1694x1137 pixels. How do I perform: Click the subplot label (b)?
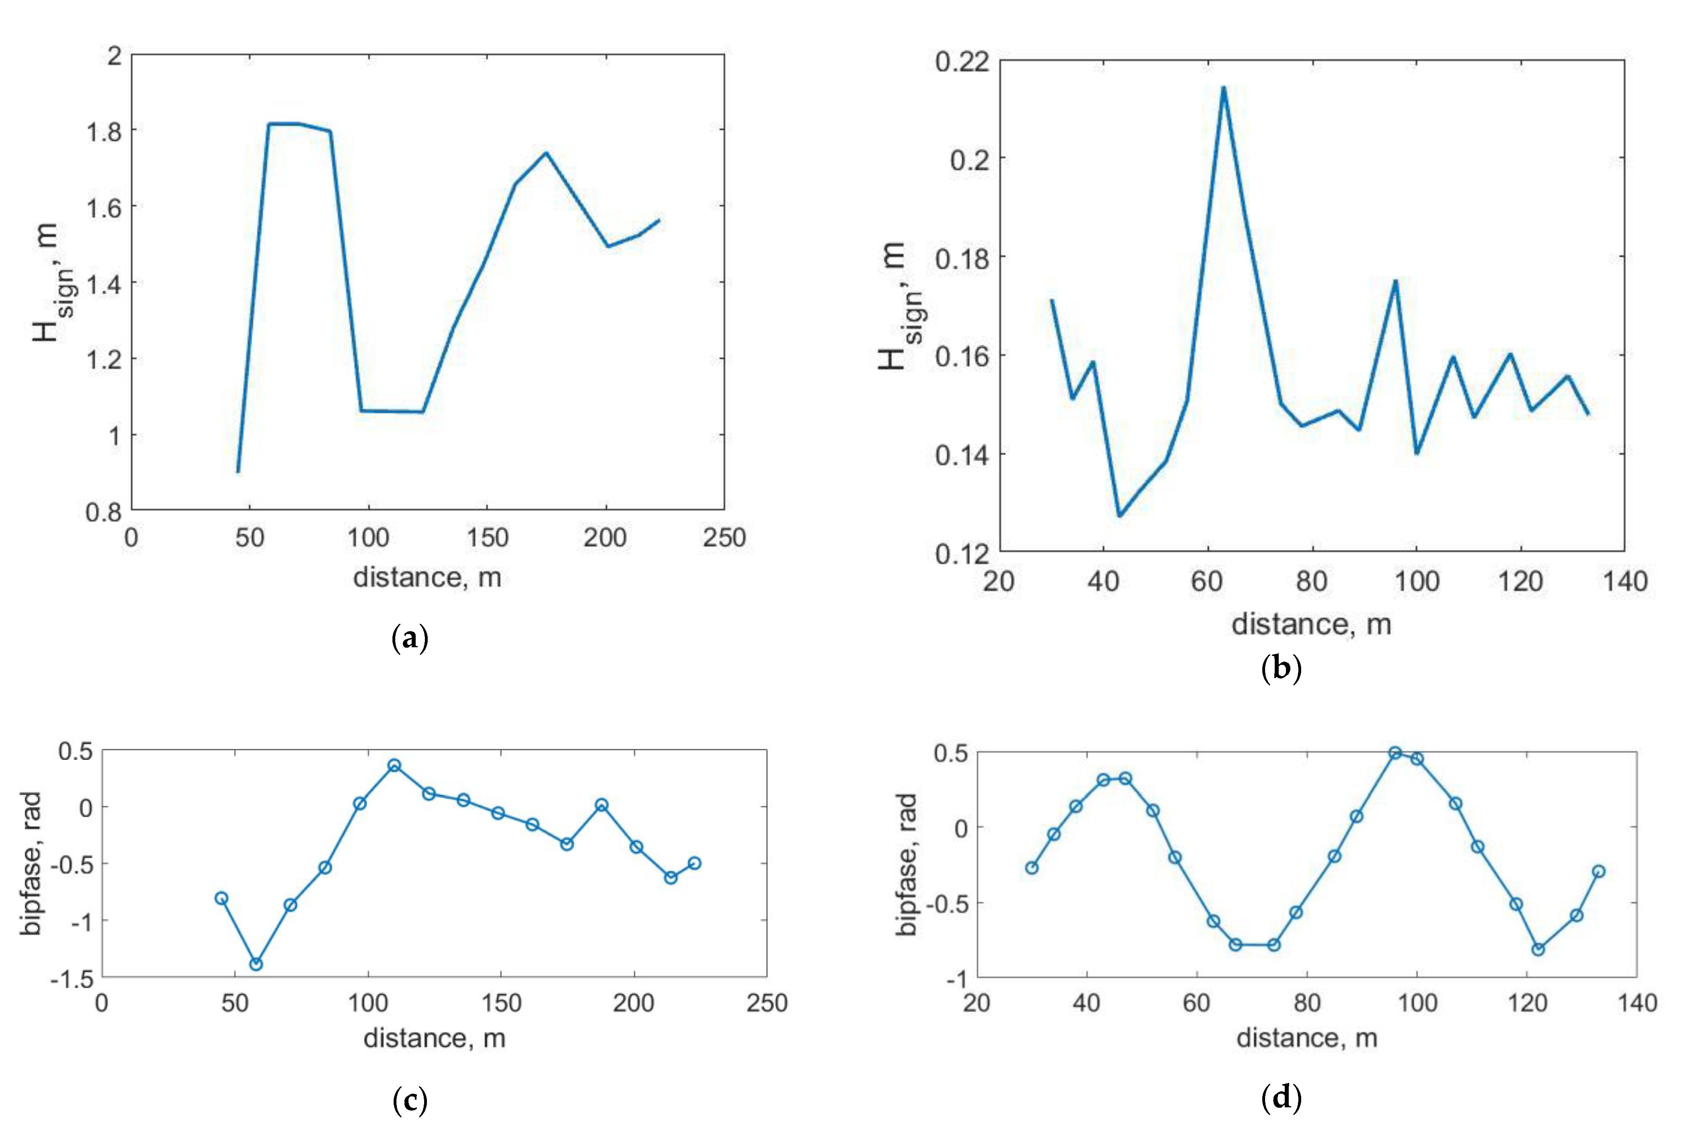click(x=1282, y=668)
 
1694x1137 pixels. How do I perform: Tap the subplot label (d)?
click(x=1282, y=1098)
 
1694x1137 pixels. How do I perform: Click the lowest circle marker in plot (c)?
click(x=256, y=964)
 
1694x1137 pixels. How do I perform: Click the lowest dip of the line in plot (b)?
click(x=1119, y=515)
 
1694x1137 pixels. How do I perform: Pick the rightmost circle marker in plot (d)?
click(x=1598, y=871)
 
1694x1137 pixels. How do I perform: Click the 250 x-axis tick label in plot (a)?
click(x=724, y=537)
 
